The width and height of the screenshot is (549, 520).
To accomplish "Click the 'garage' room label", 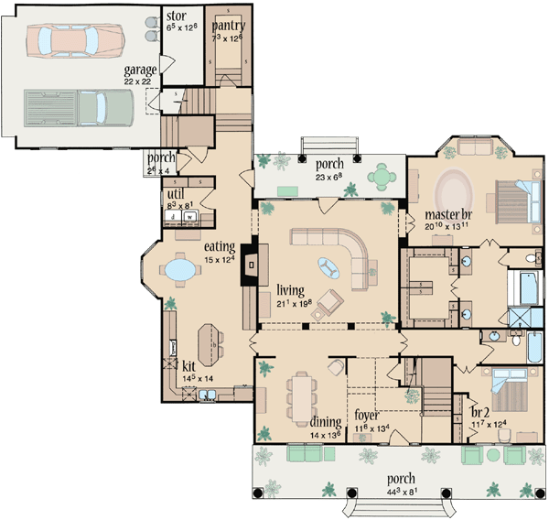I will coord(142,70).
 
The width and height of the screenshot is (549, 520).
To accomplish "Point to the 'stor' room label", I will coord(176,16).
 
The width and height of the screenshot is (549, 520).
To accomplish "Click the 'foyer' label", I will coord(367,415).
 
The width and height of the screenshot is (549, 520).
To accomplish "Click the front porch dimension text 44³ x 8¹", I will coord(400,493).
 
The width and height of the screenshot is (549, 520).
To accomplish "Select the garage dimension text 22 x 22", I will coord(142,82).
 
